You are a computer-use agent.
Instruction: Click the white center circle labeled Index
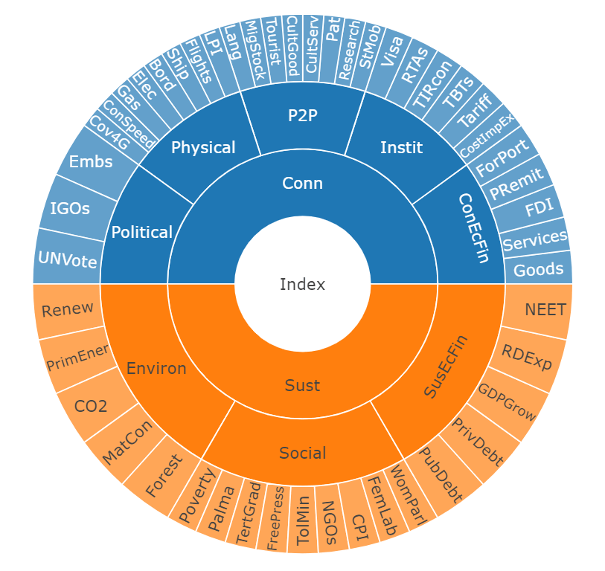tap(302, 283)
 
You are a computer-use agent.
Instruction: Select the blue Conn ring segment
tap(302, 183)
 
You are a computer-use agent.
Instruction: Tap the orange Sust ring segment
tap(302, 384)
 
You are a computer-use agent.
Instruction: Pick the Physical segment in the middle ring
tap(203, 147)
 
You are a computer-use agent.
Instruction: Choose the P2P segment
tap(302, 115)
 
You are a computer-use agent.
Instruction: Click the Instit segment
tap(401, 147)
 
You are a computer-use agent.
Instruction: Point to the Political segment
tap(141, 232)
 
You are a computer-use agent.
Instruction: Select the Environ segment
tap(156, 368)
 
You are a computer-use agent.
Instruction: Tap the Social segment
tap(302, 452)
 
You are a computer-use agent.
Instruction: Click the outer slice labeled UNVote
tap(66, 259)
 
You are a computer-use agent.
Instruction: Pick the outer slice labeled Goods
tap(539, 268)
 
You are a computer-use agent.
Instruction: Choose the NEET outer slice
tap(545, 309)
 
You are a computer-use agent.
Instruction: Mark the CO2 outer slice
tap(91, 405)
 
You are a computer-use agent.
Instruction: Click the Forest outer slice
tap(163, 476)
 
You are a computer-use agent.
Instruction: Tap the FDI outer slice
tap(535, 209)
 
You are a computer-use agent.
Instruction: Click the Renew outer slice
tap(68, 309)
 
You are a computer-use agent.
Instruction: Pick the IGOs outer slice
tap(70, 208)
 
